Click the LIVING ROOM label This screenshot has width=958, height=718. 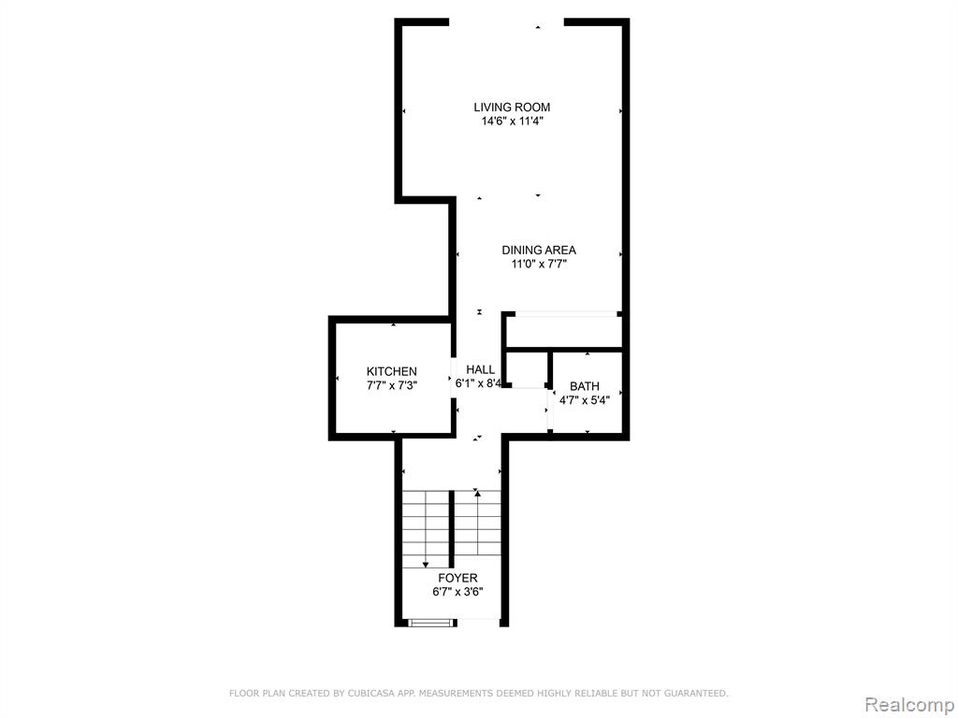[x=512, y=108]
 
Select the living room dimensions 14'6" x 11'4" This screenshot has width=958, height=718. [x=512, y=122]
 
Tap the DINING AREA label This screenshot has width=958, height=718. [x=539, y=251]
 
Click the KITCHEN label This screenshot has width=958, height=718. [x=392, y=371]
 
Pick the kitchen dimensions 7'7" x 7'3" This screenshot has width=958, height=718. [x=392, y=386]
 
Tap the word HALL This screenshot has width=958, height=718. [x=481, y=369]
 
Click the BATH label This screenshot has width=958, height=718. [x=585, y=386]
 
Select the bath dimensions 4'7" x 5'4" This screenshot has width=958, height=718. [x=585, y=401]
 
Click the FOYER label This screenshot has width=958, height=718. [x=457, y=578]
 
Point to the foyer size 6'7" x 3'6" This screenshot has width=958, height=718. [x=457, y=592]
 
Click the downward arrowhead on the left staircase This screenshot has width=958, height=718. [x=426, y=565]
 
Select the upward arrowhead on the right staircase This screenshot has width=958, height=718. [x=477, y=492]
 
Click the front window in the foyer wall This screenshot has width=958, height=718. [x=432, y=623]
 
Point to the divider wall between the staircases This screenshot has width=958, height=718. [x=452, y=528]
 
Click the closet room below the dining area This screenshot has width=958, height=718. [x=564, y=332]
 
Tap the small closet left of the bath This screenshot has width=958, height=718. [x=528, y=368]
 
